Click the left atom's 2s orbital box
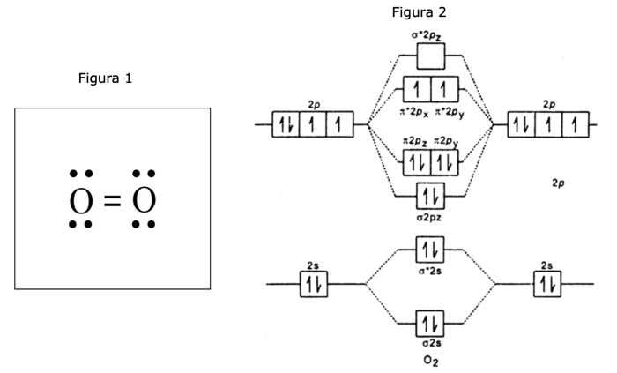click(x=315, y=284)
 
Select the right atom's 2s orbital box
click(x=547, y=284)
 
